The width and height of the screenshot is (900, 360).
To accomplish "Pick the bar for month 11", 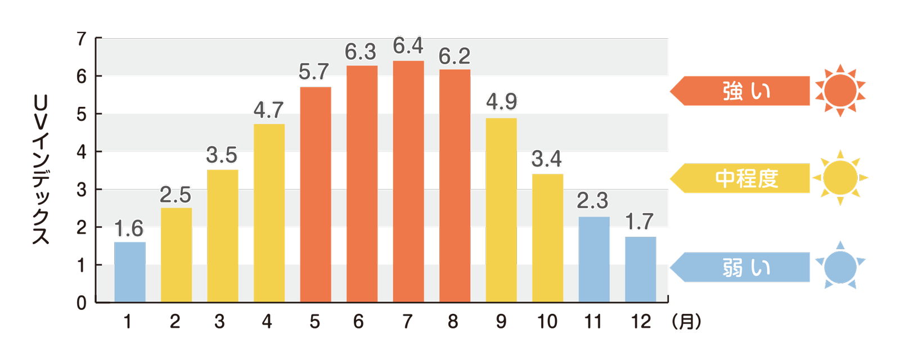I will pyautogui.click(x=594, y=259).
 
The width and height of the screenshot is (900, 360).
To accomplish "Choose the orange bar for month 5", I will pyautogui.click(x=316, y=194).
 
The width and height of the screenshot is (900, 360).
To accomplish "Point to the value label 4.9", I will pyautogui.click(x=501, y=102).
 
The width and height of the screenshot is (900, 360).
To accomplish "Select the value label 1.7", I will pyautogui.click(x=640, y=222).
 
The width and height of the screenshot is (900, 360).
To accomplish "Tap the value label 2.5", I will pyautogui.click(x=175, y=195).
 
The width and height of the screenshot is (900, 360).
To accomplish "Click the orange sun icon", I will pyautogui.click(x=840, y=90).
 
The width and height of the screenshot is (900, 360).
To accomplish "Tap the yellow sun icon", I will pyautogui.click(x=840, y=178).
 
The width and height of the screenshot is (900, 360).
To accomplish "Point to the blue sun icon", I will pyautogui.click(x=840, y=266).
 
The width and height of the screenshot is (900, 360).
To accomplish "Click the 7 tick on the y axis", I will pyautogui.click(x=82, y=39).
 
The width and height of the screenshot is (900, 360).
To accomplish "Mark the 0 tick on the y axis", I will pyautogui.click(x=82, y=303).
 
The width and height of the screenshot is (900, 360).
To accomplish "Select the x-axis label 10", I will pyautogui.click(x=547, y=322).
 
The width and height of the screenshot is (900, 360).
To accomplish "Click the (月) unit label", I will pyautogui.click(x=686, y=322).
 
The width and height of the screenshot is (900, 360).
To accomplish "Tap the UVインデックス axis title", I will pyautogui.click(x=41, y=169).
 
